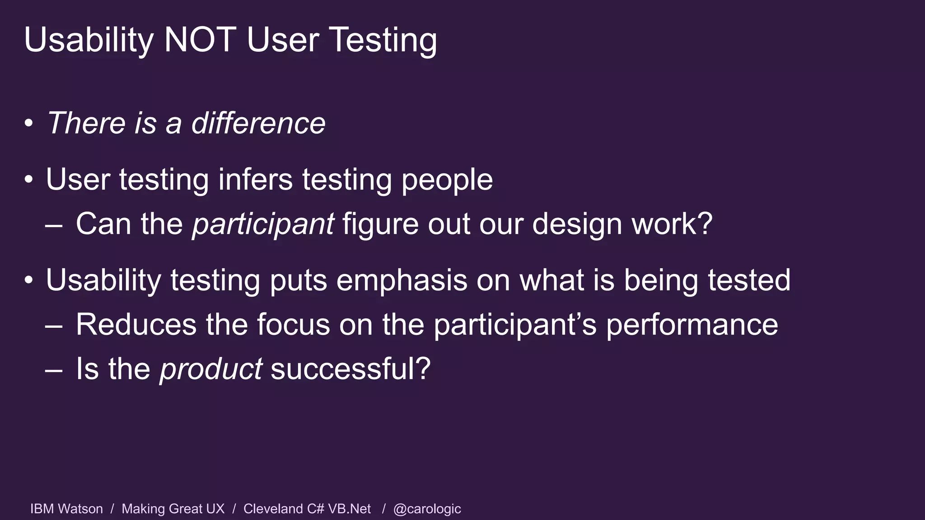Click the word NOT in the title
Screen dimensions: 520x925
click(x=200, y=40)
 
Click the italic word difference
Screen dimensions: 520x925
click(x=258, y=123)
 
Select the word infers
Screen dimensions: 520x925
click(x=256, y=179)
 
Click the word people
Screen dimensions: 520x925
click(x=447, y=180)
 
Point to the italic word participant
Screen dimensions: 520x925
click(x=263, y=224)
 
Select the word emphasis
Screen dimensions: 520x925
click(x=402, y=280)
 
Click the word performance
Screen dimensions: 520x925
click(x=691, y=325)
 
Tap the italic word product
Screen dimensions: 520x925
click(x=211, y=369)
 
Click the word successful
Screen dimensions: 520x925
click(x=345, y=368)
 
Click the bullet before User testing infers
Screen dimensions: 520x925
click(x=29, y=180)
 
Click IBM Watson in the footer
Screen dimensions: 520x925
click(x=66, y=509)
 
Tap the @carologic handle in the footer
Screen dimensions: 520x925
click(x=427, y=509)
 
